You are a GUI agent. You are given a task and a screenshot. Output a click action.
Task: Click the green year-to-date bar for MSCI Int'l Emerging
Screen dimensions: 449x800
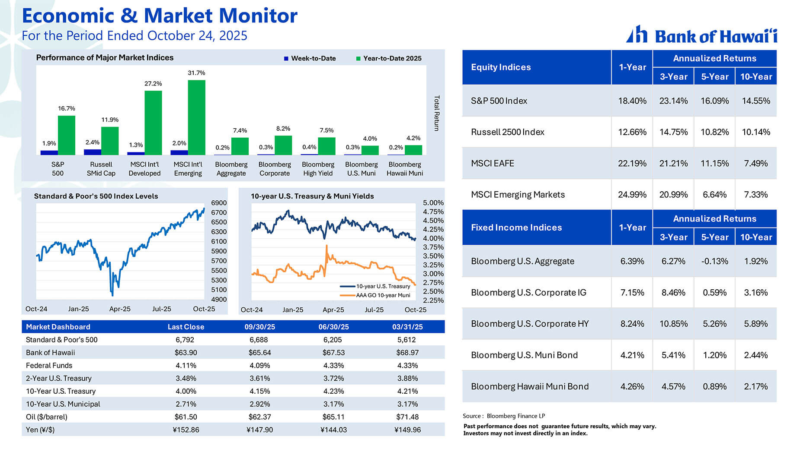(196, 117)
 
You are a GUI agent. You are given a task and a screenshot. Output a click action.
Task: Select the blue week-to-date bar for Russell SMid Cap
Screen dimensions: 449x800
(92, 152)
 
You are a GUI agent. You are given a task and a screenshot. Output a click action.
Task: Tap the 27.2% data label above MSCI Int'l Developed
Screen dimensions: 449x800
(153, 83)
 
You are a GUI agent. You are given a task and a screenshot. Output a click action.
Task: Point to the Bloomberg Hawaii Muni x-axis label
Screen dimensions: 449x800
(405, 169)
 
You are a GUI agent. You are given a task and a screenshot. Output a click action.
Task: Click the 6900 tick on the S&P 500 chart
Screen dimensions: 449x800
(219, 203)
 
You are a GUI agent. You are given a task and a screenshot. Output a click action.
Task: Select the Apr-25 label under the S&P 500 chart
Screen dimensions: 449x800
(120, 309)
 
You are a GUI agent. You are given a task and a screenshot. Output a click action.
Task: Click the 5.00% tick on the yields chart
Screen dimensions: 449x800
(433, 203)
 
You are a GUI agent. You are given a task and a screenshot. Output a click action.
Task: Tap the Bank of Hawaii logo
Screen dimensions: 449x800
(701, 35)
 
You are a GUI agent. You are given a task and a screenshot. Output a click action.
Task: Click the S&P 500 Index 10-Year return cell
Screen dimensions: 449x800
(755, 101)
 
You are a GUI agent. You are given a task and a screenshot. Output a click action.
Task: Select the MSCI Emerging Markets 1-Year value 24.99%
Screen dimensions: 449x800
(632, 195)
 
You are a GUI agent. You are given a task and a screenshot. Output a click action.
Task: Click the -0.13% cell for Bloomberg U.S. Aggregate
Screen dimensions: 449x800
(714, 261)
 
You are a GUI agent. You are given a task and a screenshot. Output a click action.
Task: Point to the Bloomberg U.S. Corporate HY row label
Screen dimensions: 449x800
(530, 324)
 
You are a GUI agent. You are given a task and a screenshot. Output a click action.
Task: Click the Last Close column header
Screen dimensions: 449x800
(186, 327)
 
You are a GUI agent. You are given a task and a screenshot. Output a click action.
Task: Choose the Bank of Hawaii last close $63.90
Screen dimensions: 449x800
(186, 353)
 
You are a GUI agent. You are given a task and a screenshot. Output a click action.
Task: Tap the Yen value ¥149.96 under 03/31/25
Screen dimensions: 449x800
(407, 430)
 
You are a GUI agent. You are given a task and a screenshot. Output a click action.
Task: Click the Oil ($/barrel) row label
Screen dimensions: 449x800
(47, 417)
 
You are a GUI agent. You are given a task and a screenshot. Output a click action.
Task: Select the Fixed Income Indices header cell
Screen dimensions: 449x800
(516, 228)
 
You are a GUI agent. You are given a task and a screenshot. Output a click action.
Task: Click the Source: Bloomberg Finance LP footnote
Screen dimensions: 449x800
(504, 416)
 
